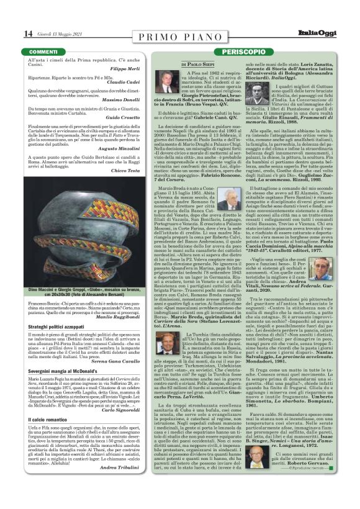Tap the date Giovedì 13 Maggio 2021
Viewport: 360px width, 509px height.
coord(45,34)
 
